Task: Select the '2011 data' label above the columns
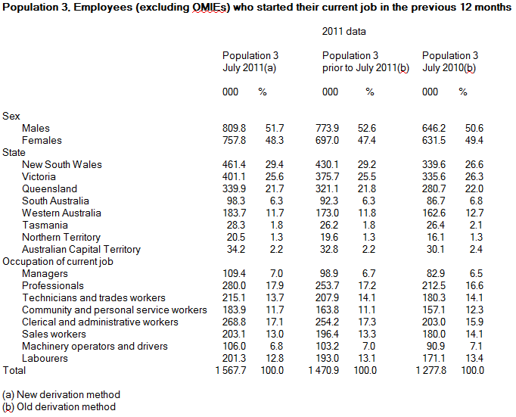point(343,32)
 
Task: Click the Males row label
point(36,128)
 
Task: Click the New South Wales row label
point(62,164)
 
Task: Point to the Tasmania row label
point(45,225)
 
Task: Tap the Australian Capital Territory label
point(82,249)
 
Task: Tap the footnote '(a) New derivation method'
point(61,394)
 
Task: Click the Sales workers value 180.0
point(430,334)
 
